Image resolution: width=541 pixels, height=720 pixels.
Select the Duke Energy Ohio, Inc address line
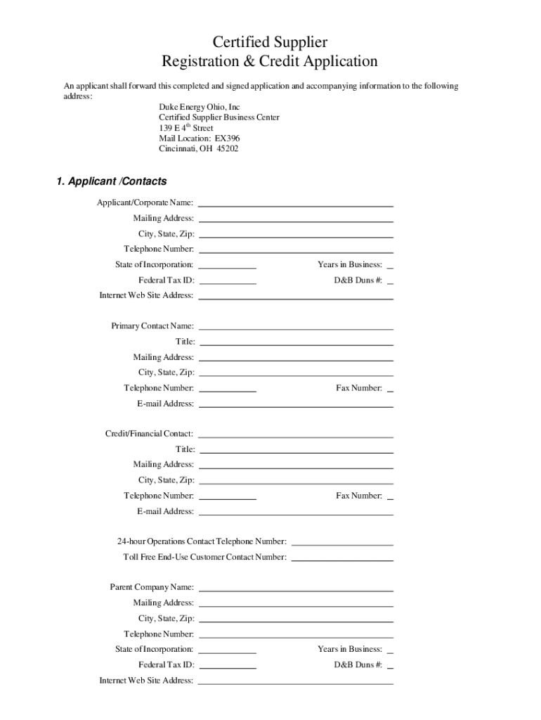199,107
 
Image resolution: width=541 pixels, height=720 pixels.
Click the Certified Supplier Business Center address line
219,117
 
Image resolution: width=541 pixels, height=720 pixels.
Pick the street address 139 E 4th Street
185,128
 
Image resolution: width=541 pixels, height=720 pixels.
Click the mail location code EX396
226,139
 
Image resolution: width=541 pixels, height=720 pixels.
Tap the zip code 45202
227,149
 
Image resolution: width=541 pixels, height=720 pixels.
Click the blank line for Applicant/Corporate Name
296,203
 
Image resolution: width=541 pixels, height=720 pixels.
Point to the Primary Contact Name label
152,326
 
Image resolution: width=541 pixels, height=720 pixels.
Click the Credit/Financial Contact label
149,434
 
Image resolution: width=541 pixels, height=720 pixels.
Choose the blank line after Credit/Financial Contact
296,435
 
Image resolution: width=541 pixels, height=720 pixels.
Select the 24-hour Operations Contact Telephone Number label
202,541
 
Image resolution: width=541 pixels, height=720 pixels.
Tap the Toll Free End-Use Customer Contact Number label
204,557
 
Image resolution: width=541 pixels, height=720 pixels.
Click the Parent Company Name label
152,587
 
